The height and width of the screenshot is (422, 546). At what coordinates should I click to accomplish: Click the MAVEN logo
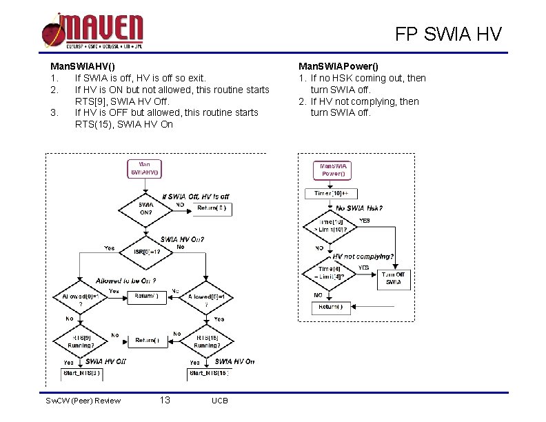[x=92, y=31]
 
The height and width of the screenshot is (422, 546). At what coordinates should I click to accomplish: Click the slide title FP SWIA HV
[x=448, y=34]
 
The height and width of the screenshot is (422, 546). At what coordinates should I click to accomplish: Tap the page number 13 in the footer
[x=165, y=401]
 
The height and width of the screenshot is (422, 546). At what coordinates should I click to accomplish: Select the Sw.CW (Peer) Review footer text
[x=83, y=401]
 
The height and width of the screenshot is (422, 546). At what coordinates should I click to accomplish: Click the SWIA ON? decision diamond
[x=146, y=208]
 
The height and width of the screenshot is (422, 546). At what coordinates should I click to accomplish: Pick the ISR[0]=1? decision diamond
[x=147, y=252]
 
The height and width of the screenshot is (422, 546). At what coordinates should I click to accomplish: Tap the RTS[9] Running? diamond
[x=80, y=341]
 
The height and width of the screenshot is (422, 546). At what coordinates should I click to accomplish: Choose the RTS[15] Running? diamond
[x=207, y=341]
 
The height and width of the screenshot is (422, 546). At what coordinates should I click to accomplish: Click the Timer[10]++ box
[x=332, y=194]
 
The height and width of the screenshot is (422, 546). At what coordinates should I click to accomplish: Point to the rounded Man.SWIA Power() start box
[x=332, y=170]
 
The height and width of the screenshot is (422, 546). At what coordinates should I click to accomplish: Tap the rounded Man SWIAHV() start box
[x=145, y=168]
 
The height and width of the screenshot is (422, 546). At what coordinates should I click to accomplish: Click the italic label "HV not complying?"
[x=363, y=257]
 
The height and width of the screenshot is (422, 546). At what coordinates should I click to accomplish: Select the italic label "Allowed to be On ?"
[x=126, y=281]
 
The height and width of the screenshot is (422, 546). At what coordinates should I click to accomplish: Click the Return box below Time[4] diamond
[x=332, y=307]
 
